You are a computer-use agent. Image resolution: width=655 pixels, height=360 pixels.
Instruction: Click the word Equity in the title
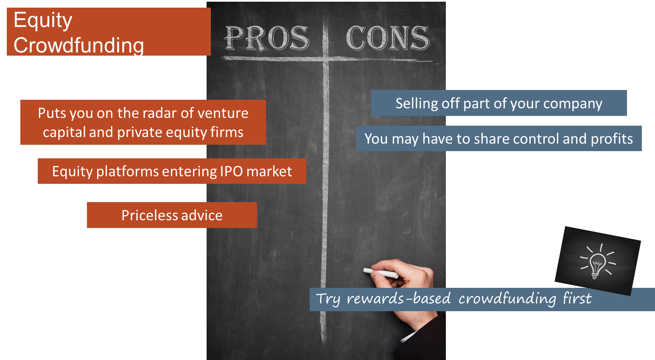[43, 20]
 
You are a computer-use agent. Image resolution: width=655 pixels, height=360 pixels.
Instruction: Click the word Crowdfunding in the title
[78, 45]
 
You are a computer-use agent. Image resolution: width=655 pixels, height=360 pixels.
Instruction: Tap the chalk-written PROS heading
[267, 38]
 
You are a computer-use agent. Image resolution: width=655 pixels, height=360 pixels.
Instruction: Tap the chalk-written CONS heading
[388, 38]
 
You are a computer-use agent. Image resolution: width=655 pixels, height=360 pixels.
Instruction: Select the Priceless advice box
[172, 215]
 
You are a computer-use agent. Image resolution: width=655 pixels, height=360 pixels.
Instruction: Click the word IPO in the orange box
[231, 171]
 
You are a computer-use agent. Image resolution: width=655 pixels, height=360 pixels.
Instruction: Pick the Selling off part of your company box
[499, 103]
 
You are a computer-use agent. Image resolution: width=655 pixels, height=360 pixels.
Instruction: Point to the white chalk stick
[381, 273]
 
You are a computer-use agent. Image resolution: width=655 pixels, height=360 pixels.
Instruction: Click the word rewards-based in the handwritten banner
[398, 298]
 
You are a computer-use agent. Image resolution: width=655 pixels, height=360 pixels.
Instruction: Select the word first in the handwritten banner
[577, 298]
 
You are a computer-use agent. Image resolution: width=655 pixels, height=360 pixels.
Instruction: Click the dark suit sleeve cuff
[424, 337]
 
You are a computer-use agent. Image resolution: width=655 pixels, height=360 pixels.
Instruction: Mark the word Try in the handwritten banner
[328, 299]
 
